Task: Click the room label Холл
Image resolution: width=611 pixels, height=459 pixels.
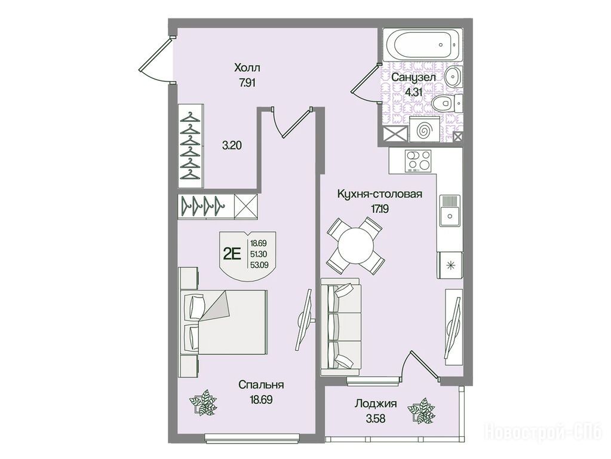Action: (247, 68)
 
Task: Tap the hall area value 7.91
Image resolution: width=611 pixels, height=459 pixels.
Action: (247, 83)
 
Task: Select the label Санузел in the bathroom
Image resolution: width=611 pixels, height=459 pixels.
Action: (413, 77)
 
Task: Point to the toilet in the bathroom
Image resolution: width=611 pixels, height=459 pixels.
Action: (447, 103)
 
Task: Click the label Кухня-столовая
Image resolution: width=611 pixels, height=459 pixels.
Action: (379, 194)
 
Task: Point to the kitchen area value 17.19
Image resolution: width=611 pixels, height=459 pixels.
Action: (379, 209)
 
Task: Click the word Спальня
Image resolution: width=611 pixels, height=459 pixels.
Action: (260, 385)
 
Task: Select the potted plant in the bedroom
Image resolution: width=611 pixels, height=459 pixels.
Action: (202, 402)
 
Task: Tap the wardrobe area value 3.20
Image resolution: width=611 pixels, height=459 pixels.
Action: (232, 146)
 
